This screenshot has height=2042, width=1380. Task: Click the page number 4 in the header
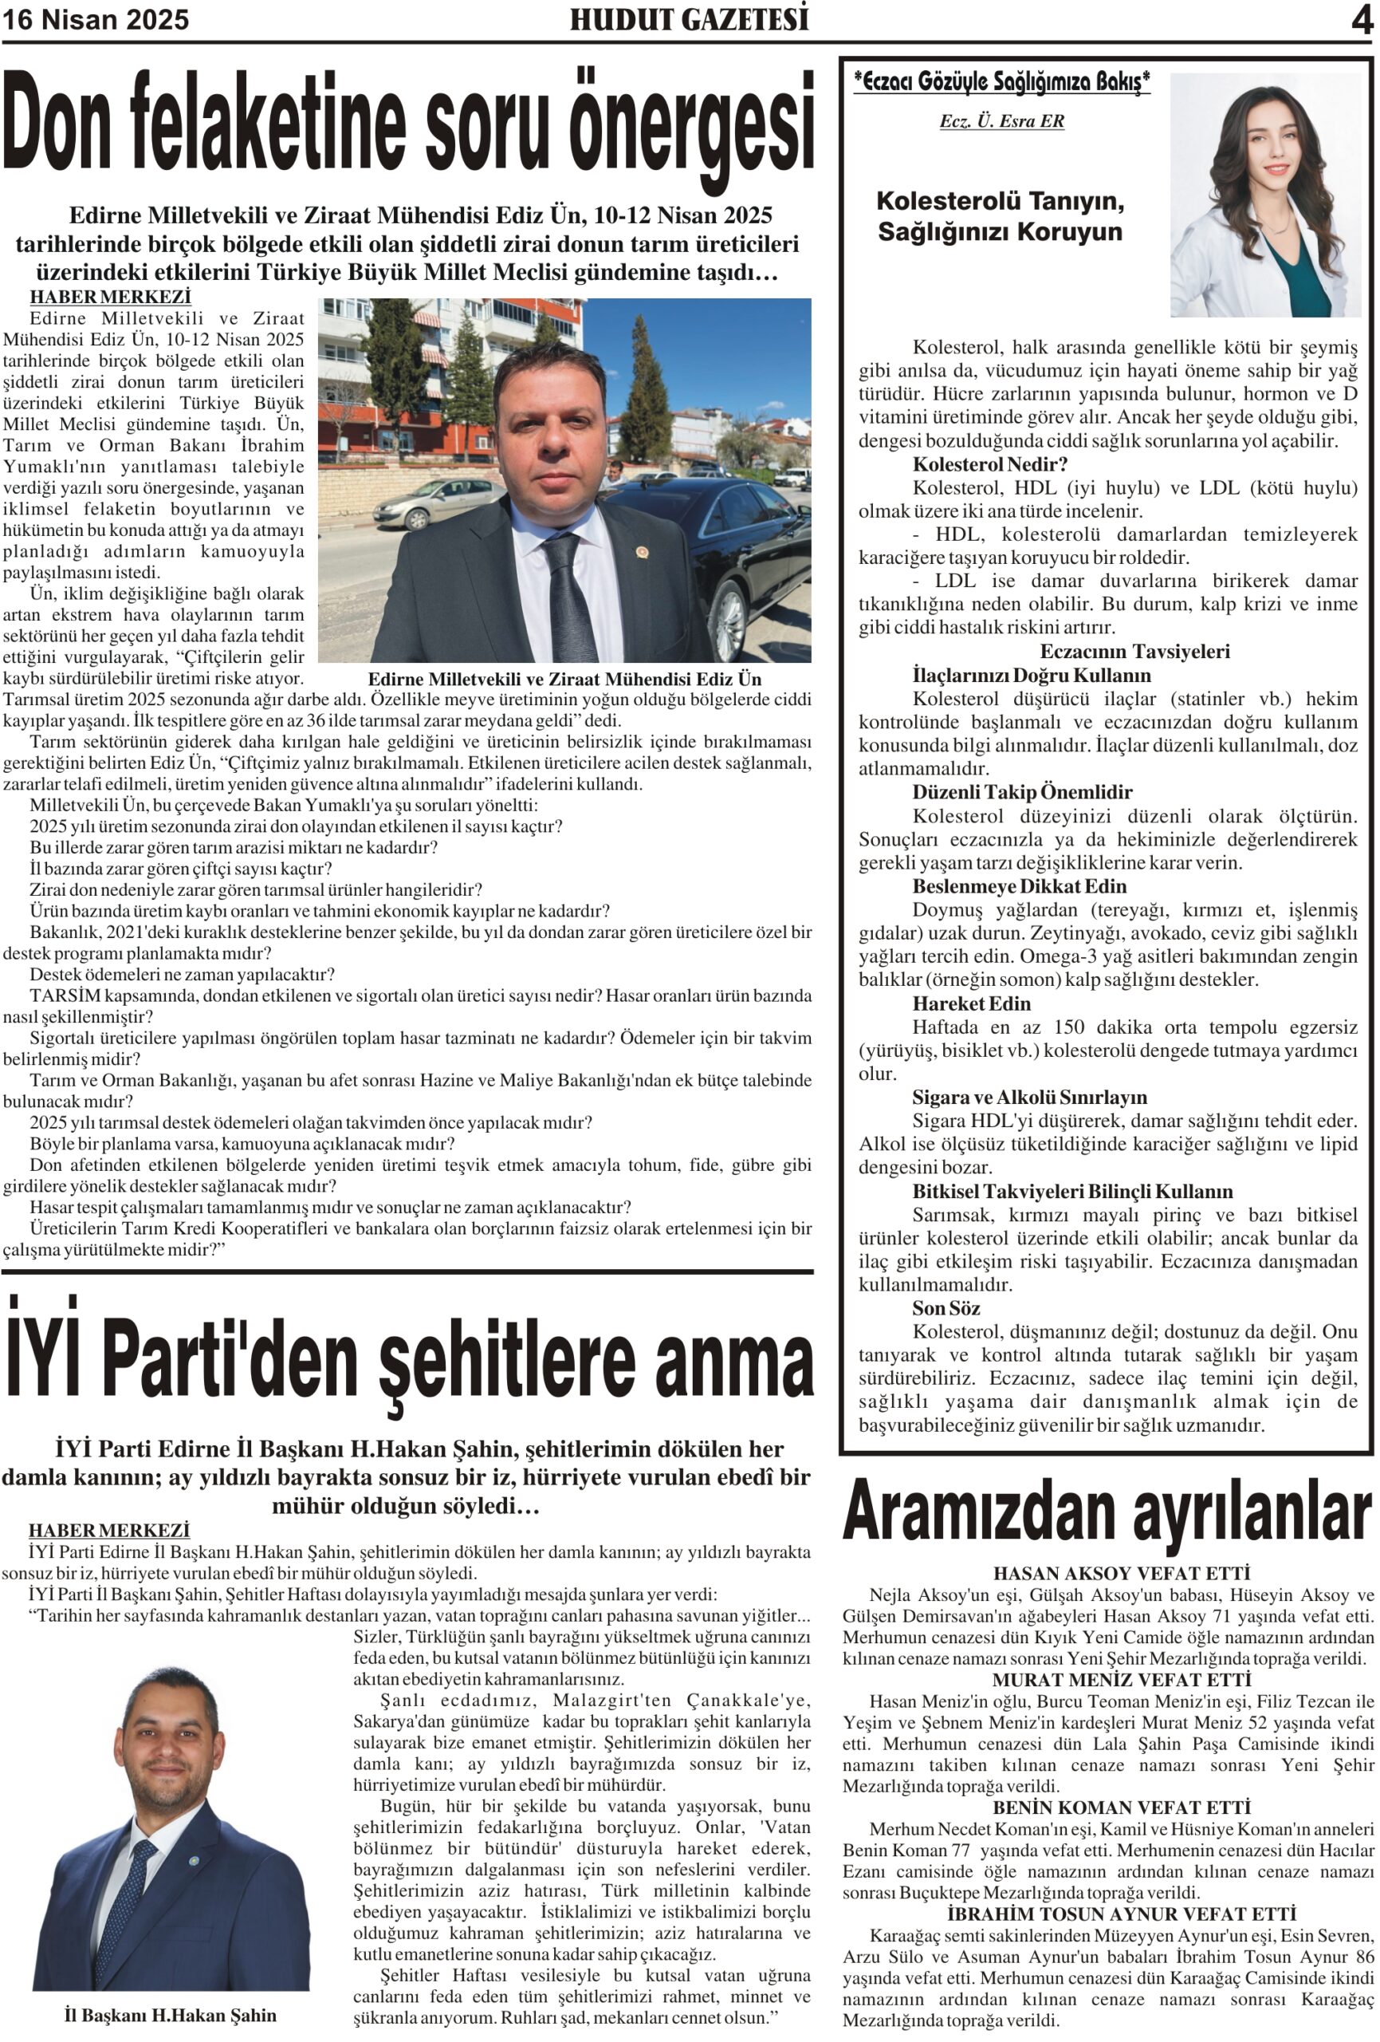[x=1361, y=19]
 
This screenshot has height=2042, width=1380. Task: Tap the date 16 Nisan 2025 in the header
[x=96, y=19]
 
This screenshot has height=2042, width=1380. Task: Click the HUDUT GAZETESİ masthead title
[x=689, y=19]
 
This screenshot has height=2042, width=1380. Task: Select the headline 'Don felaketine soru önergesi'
[x=407, y=123]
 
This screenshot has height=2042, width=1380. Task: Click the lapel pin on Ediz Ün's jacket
[x=642, y=554]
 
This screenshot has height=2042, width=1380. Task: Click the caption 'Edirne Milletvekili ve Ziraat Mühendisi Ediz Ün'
[x=564, y=679]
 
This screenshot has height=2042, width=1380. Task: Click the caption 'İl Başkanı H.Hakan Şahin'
[x=171, y=2015]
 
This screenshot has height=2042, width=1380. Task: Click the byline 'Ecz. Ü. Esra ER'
[x=1001, y=121]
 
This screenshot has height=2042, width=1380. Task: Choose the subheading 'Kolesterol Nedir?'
[x=990, y=464]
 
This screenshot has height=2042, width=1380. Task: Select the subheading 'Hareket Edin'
[x=971, y=1003]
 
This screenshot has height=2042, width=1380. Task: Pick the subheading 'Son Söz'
[x=946, y=1308]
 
